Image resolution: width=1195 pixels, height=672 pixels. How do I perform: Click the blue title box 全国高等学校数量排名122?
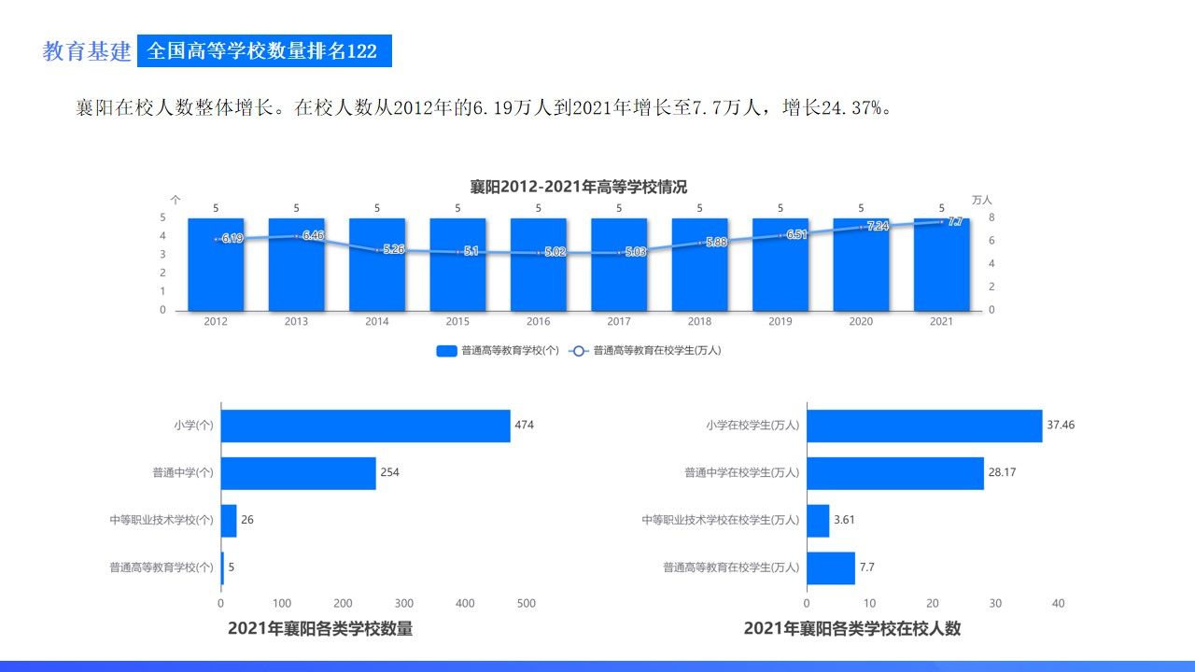(263, 51)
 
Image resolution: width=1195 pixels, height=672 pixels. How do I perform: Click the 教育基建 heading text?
(87, 51)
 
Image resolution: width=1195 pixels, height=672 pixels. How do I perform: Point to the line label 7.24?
(878, 227)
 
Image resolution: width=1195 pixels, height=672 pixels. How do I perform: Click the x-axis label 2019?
(780, 321)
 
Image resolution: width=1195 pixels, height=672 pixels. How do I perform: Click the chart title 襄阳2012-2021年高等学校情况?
(578, 187)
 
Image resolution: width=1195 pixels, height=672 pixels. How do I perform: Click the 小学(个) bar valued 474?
(365, 426)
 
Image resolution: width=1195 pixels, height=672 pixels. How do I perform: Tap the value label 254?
(389, 472)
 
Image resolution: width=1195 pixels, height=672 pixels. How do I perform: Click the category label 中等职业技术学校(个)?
(162, 519)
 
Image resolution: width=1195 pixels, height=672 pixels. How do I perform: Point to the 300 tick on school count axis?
(403, 603)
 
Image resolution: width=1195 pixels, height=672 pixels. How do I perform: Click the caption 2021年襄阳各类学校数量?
(320, 629)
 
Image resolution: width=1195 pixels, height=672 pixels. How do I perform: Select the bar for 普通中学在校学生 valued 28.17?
(894, 472)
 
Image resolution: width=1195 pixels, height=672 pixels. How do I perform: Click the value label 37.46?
(1061, 426)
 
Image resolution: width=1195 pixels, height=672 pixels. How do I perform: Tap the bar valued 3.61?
(818, 520)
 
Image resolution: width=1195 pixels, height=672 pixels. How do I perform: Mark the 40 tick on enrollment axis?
(1058, 603)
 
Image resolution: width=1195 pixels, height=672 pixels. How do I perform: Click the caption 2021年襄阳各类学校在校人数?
(851, 629)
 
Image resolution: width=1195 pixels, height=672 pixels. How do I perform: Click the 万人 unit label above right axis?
(981, 200)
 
